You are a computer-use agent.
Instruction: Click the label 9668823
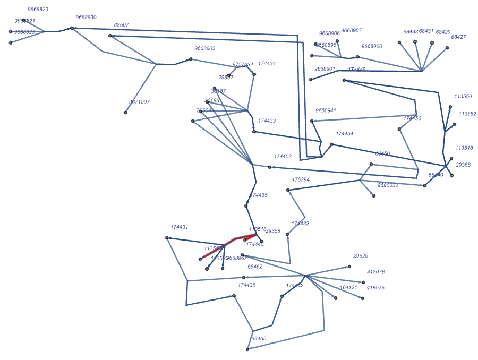click(38, 10)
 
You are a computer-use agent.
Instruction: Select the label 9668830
click(86, 18)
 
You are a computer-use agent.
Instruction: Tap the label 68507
click(121, 25)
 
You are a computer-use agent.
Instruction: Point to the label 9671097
click(139, 102)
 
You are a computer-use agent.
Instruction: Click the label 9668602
click(204, 48)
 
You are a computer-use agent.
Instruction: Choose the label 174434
click(267, 64)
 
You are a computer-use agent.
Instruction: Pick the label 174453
click(283, 157)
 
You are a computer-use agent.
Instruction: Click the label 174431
click(179, 227)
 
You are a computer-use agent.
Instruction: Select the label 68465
click(259, 338)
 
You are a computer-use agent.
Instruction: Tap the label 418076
click(375, 272)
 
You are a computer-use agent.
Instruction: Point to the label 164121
click(348, 288)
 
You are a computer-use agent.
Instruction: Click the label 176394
click(301, 179)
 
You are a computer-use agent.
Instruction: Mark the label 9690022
click(388, 185)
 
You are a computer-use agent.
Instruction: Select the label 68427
click(458, 37)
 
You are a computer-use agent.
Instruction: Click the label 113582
click(467, 114)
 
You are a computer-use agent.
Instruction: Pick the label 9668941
click(326, 110)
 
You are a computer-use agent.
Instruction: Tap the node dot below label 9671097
click(125, 113)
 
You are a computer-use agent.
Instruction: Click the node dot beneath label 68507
click(110, 36)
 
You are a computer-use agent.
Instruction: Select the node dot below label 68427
click(447, 48)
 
